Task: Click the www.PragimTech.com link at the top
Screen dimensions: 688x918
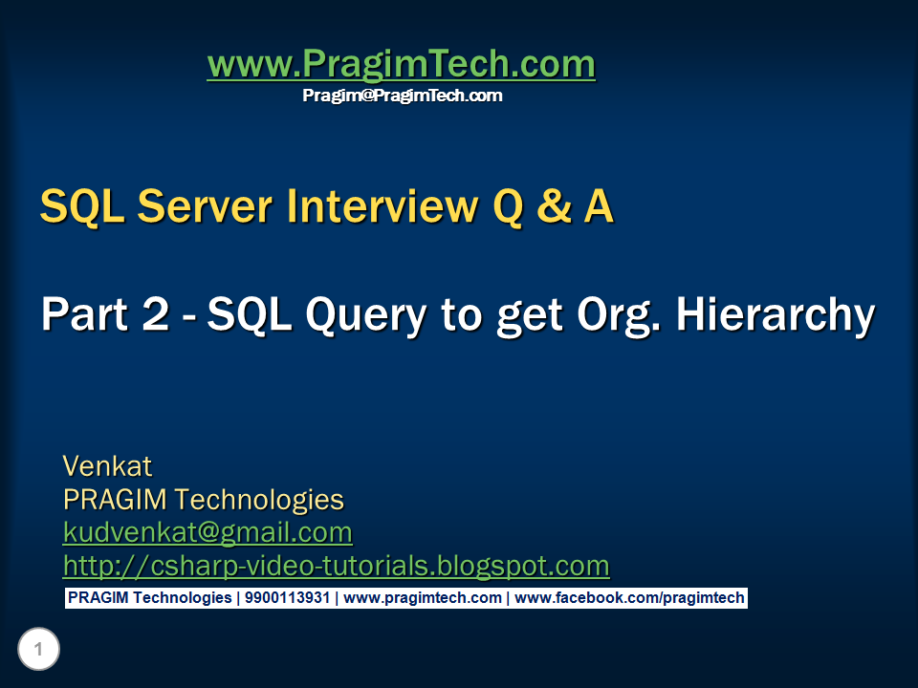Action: point(401,65)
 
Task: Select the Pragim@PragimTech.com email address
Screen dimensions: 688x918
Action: point(402,96)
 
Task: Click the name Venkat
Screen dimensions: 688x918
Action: point(107,466)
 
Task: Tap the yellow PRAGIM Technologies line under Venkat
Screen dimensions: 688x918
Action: point(203,499)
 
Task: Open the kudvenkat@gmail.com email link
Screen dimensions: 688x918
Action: point(208,531)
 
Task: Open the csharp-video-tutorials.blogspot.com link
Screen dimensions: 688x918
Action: point(336,565)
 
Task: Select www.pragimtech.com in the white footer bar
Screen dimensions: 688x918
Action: point(422,598)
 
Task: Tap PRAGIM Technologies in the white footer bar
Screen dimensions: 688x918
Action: point(149,598)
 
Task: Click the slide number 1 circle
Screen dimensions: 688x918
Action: point(38,651)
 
